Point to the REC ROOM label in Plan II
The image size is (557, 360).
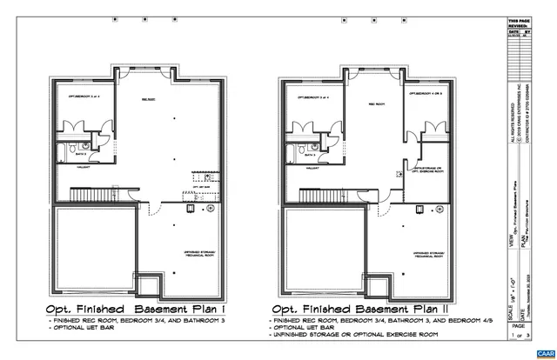click(377, 103)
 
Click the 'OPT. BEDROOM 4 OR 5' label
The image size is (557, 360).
click(426, 93)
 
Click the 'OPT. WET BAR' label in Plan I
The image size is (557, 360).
click(201, 187)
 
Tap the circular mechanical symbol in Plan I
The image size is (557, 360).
click(210, 210)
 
